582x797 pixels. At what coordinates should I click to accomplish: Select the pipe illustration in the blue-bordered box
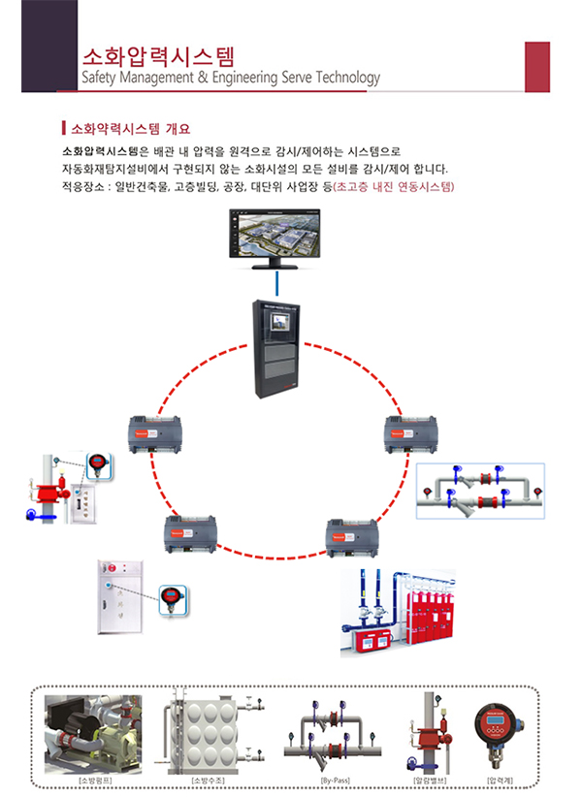click(x=480, y=490)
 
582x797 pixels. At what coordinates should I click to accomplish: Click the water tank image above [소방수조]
click(x=210, y=731)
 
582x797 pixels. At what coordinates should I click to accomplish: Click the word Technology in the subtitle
click(x=346, y=78)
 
